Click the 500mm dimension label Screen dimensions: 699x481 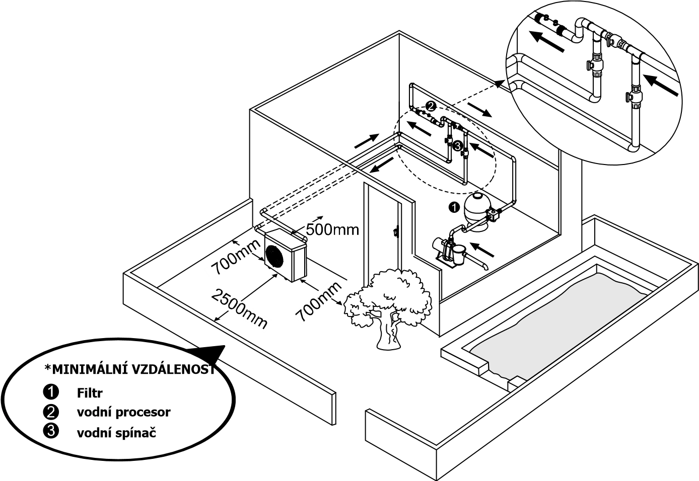tap(332, 230)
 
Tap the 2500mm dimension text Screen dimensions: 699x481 tap(239, 308)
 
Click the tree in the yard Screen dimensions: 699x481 tap(388, 308)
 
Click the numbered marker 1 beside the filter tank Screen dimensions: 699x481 tap(454, 207)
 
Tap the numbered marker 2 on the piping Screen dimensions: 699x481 tap(430, 106)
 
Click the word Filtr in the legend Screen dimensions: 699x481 tap(90, 393)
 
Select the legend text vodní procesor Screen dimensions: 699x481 tap(123, 412)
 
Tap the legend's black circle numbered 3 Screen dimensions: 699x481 tap(51, 432)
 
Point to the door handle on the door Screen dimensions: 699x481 tap(395, 232)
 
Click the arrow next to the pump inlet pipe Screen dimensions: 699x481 tap(482, 250)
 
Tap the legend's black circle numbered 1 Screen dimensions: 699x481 tap(51, 392)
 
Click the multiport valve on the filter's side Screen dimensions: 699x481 tap(493, 215)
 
